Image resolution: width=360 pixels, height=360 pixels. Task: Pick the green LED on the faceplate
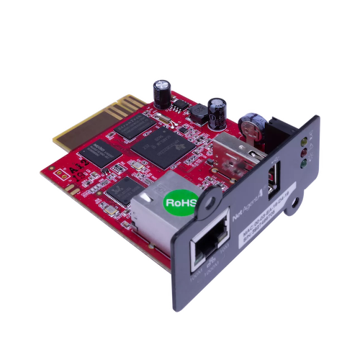(308, 163)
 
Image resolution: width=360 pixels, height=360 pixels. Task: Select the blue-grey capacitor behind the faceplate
(252, 121)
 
